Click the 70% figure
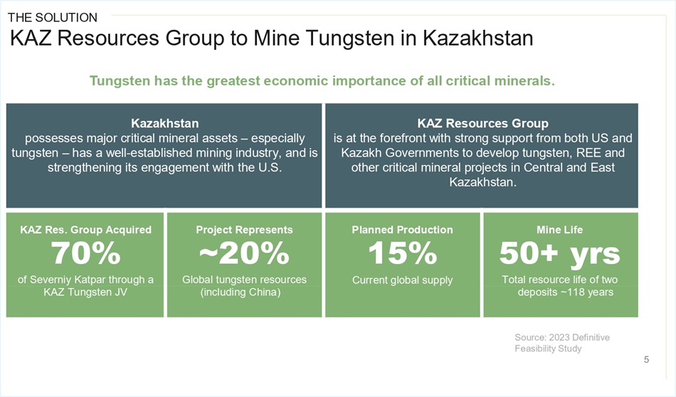(x=85, y=253)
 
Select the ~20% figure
(x=244, y=253)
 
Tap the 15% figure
(x=402, y=253)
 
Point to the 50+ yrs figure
(x=559, y=253)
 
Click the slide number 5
(x=646, y=359)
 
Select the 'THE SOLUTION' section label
(x=53, y=18)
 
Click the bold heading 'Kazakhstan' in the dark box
(x=164, y=123)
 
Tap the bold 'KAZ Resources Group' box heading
(x=483, y=123)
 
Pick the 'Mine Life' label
(x=559, y=230)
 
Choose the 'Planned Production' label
(x=402, y=230)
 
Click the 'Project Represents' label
(x=245, y=230)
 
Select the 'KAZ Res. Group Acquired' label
(x=86, y=230)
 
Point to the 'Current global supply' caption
(x=402, y=280)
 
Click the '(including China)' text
(x=240, y=292)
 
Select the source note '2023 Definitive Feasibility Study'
(x=562, y=343)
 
